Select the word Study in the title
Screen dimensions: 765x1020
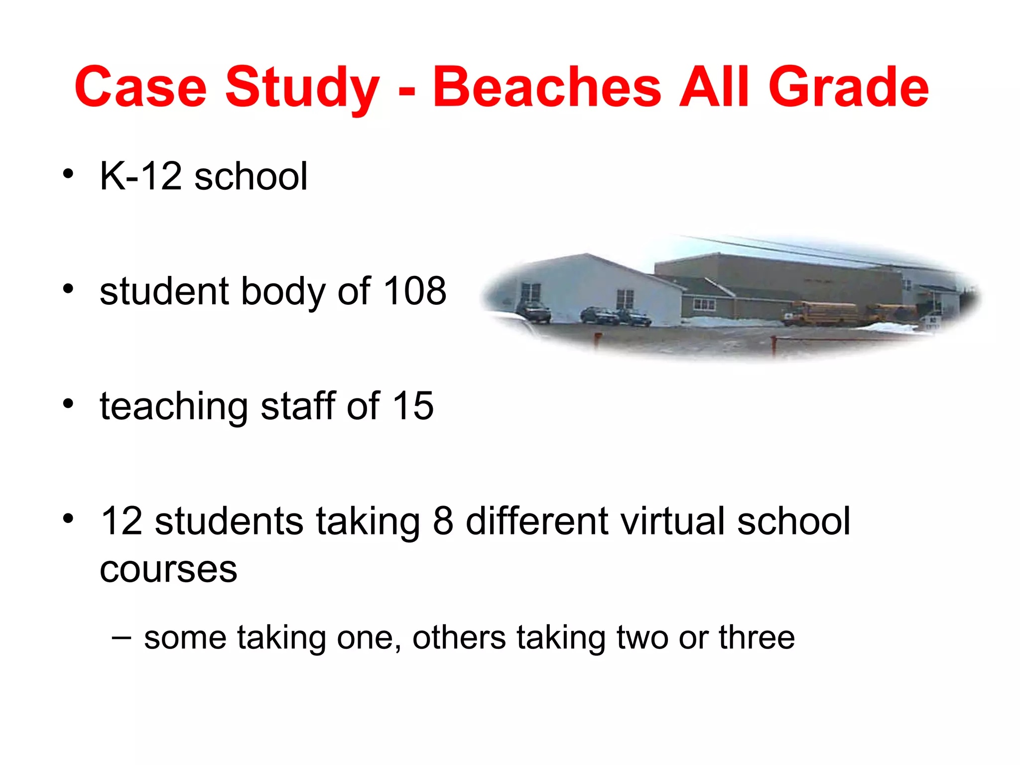point(302,89)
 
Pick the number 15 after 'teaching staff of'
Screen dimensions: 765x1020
point(413,406)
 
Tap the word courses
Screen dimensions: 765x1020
point(168,569)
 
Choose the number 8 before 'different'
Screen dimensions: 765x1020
point(443,521)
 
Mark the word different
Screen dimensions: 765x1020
point(537,521)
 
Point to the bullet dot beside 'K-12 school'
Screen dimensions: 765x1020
point(69,174)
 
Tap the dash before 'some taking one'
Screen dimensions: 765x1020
point(122,637)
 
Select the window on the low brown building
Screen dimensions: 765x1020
point(704,304)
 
